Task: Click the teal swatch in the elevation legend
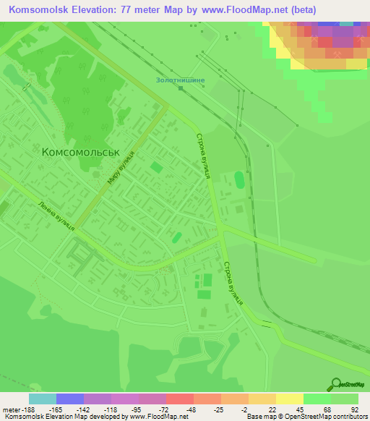(42, 398)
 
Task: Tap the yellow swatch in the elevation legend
(289, 398)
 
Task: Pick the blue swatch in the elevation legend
(69, 398)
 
